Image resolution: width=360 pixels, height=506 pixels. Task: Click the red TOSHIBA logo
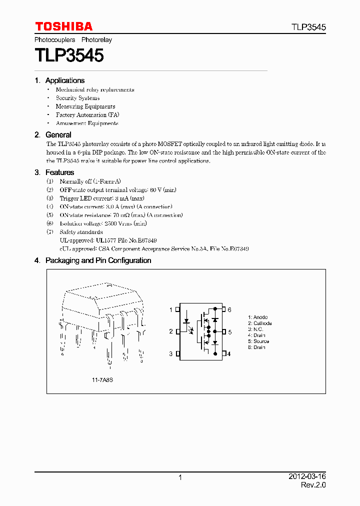(63, 26)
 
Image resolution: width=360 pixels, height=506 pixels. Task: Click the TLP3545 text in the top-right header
(309, 27)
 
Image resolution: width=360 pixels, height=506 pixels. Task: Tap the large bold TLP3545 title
(69, 55)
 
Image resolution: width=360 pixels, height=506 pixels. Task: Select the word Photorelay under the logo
(96, 39)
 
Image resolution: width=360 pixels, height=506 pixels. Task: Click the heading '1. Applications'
(59, 80)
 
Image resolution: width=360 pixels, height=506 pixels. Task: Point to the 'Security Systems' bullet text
(77, 98)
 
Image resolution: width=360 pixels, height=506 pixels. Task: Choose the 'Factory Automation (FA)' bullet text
(87, 115)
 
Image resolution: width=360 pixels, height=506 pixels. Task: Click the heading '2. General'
(53, 135)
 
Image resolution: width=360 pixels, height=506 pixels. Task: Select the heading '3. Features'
(54, 172)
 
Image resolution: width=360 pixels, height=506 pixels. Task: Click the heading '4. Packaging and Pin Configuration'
(93, 260)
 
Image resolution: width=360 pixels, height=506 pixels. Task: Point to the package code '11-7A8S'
(102, 380)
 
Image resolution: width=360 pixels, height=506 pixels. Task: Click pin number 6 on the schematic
(229, 310)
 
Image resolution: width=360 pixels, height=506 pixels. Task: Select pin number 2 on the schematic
(170, 331)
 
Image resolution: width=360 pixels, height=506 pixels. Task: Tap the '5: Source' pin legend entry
(258, 341)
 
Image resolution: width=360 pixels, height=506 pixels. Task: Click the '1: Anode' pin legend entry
(258, 317)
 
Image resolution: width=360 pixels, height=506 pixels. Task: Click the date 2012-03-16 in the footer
(307, 477)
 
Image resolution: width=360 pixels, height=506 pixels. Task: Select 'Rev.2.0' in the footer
(313, 485)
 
